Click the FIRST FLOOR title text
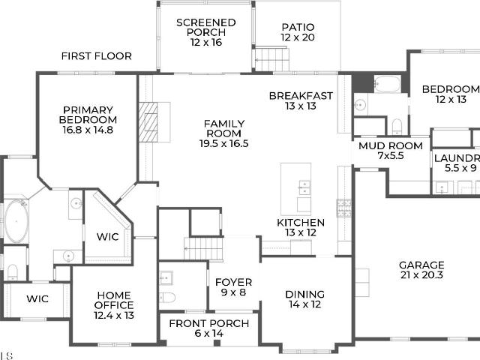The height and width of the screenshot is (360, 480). (97, 56)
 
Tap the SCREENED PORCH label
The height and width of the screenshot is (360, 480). (206, 28)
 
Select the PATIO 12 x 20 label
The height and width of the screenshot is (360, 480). (298, 32)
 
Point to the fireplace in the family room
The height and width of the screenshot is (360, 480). (148, 122)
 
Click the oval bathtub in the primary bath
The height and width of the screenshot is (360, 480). (16, 221)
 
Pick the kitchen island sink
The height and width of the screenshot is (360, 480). (304, 187)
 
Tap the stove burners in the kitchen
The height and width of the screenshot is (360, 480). (344, 208)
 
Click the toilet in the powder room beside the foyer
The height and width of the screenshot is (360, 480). (167, 298)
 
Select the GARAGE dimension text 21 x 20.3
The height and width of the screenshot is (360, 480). (421, 275)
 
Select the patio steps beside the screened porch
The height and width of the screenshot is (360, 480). (272, 59)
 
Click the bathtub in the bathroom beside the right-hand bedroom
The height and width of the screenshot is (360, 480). (387, 84)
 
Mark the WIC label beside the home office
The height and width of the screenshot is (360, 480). (37, 298)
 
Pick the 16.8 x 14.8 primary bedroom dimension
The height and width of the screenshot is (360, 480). (88, 130)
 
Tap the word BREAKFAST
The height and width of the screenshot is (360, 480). (301, 96)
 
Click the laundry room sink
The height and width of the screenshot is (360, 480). (442, 187)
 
